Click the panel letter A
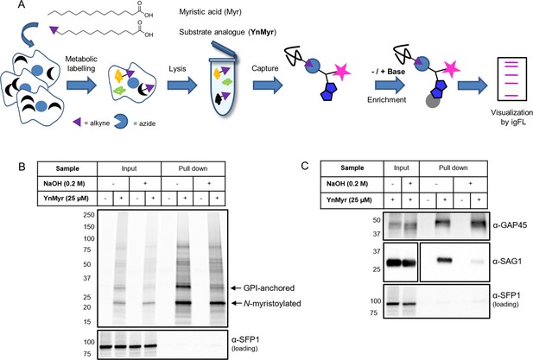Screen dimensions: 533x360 pos(21,5)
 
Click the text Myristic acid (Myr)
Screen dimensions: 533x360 pos(210,12)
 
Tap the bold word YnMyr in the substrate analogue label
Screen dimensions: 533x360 pos(262,32)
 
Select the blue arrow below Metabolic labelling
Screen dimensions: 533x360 pos(81,85)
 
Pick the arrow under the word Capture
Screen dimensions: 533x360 pos(268,85)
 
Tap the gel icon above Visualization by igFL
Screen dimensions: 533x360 pos(510,79)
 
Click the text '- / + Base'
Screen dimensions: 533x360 pos(390,72)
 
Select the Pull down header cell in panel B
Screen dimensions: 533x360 pos(194,168)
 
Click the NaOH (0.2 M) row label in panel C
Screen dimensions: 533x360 pos(352,184)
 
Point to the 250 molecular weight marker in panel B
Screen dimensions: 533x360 pos(88,215)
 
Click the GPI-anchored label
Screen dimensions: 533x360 pos(269,288)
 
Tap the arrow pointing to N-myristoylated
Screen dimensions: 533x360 pos(236,303)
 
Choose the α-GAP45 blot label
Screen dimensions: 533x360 pos(511,224)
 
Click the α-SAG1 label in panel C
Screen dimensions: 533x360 pos(507,262)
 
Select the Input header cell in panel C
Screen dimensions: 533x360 pos(402,167)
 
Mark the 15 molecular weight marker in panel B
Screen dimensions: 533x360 pos(87,322)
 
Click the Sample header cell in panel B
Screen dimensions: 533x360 pos(67,168)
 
